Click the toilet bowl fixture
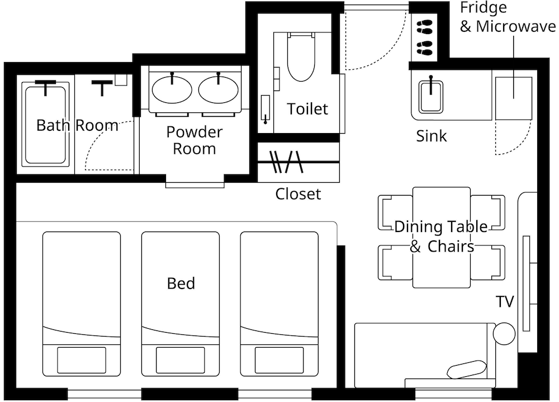click(x=301, y=57)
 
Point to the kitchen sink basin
click(x=431, y=96)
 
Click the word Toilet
click(x=307, y=109)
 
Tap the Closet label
click(x=298, y=193)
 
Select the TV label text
click(x=505, y=302)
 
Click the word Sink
click(x=432, y=136)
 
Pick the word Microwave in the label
click(x=516, y=26)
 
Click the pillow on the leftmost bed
click(x=82, y=360)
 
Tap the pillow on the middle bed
click(x=181, y=360)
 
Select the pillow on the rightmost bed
click(x=279, y=360)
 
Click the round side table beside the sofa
click(x=504, y=334)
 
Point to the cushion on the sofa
click(x=467, y=370)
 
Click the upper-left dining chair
click(x=395, y=212)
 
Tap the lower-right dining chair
click(x=487, y=262)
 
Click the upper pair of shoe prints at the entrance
click(x=425, y=27)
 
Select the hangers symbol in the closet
click(x=286, y=162)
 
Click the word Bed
click(x=181, y=283)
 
